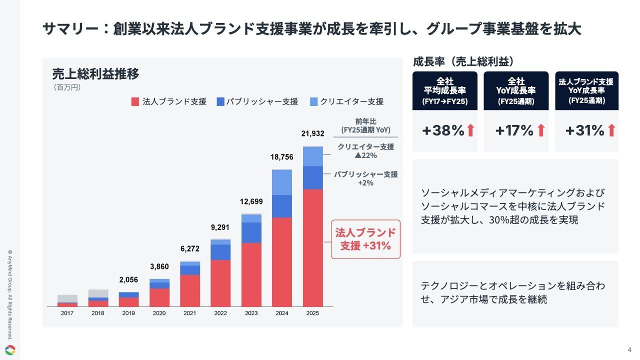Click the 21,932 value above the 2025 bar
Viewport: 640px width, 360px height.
(312, 133)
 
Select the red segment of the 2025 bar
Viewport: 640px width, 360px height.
(312, 247)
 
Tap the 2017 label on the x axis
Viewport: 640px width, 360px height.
(67, 313)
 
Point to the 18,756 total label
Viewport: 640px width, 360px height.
(282, 157)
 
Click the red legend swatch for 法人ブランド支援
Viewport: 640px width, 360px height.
(135, 101)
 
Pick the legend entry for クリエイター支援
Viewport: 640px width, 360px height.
(346, 101)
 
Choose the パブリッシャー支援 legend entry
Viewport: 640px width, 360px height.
(257, 101)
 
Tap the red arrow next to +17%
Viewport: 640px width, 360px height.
(540, 131)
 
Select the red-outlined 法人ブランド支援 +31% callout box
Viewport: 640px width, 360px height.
(365, 239)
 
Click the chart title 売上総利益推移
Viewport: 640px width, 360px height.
(96, 74)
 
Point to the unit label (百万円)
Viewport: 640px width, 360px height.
(66, 87)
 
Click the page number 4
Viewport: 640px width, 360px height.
(629, 349)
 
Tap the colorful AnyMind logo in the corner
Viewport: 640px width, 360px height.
(10, 350)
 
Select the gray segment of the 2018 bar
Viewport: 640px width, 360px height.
(98, 293)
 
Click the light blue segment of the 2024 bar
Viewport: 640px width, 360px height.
(282, 183)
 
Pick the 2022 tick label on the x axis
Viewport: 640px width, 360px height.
(220, 313)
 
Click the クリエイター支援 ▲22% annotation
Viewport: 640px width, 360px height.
(365, 151)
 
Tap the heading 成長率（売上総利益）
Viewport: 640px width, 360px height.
(463, 62)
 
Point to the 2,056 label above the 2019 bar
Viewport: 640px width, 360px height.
(128, 279)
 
